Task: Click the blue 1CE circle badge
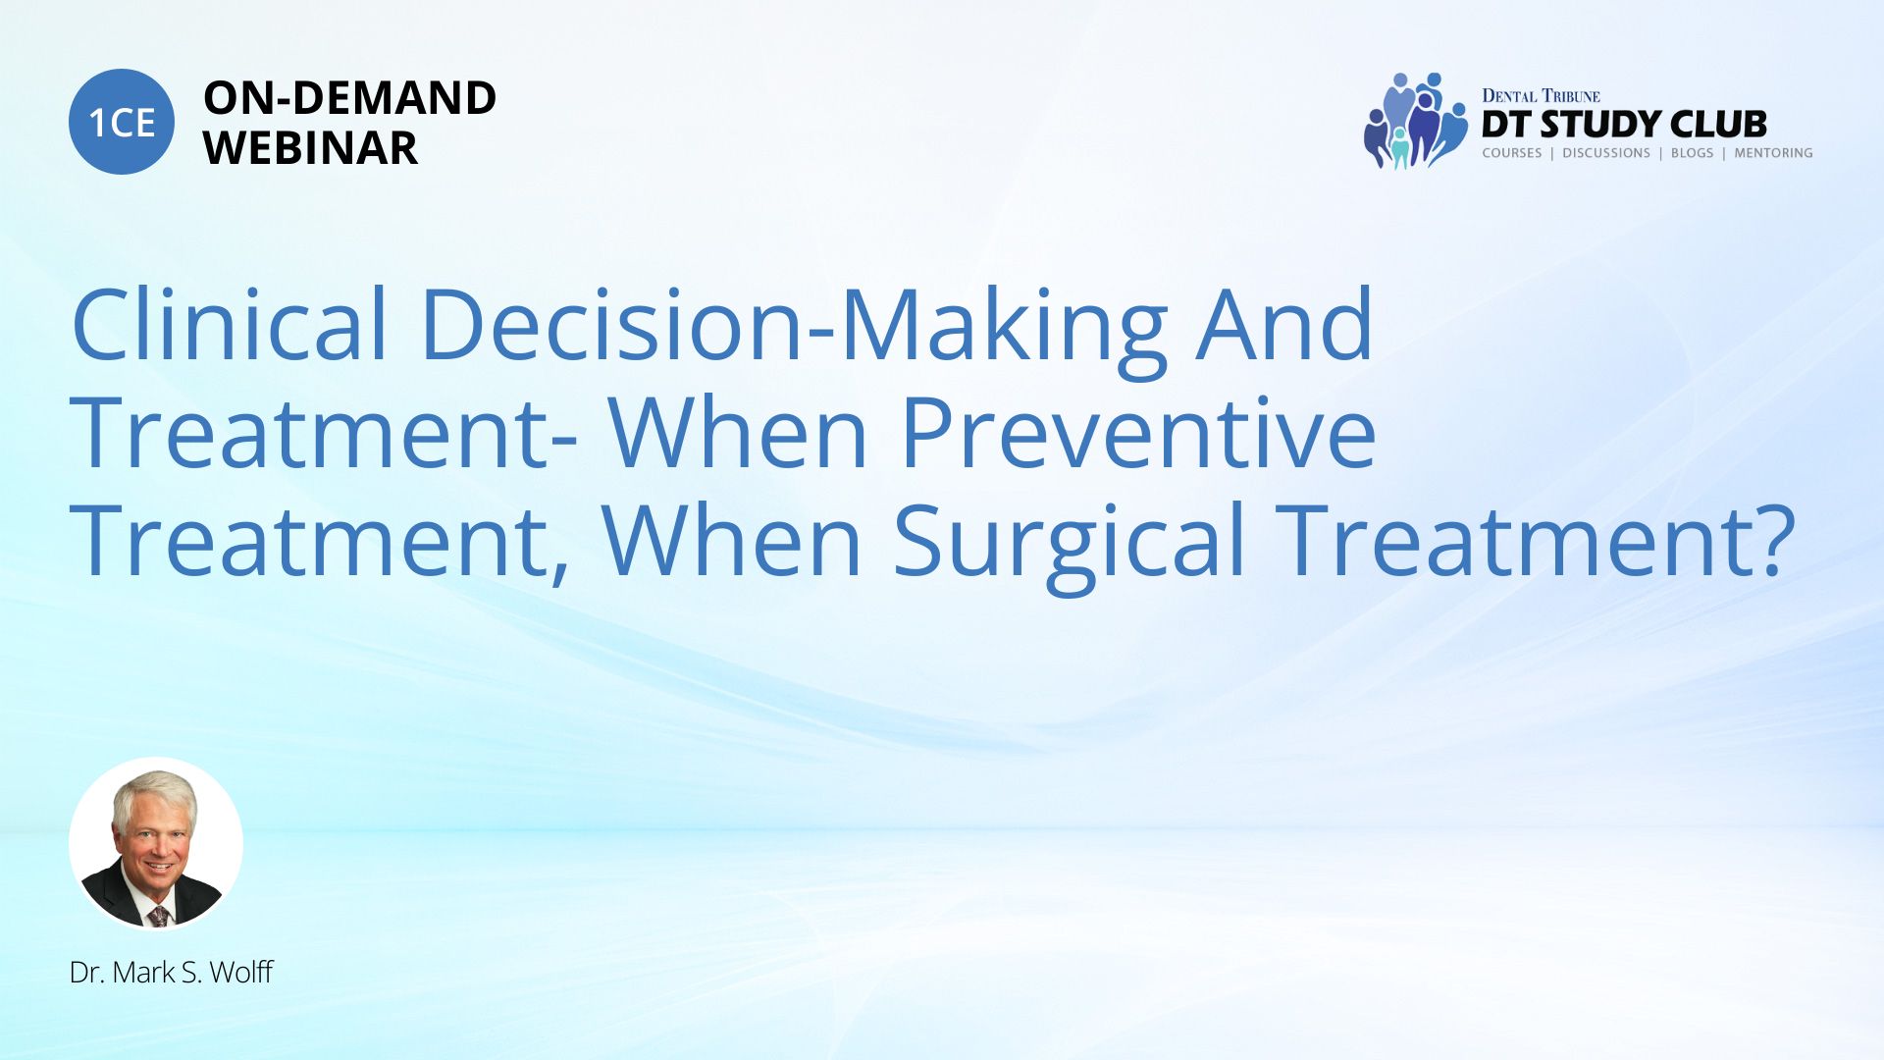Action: coord(122,122)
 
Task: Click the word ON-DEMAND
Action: coord(349,98)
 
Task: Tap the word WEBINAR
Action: coord(310,148)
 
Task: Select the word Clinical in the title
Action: coord(230,324)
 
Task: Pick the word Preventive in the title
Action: coord(1138,433)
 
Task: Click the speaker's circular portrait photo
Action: coord(156,843)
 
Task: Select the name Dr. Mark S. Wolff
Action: coord(171,973)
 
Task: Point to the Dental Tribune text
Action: coord(1541,96)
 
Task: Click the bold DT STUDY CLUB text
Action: coord(1624,125)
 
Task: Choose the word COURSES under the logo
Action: coord(1511,153)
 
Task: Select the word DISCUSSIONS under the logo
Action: coord(1606,153)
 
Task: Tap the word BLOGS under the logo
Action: coord(1692,153)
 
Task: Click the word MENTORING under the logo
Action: coord(1773,153)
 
